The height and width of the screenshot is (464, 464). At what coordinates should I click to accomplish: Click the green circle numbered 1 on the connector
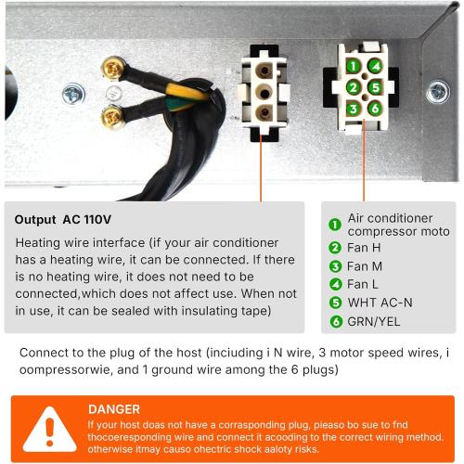point(354,66)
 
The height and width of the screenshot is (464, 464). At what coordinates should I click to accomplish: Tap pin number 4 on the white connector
point(375,66)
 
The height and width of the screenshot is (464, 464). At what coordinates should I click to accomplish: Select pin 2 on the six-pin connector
point(354,87)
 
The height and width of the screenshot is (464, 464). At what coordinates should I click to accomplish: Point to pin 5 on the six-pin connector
point(375,87)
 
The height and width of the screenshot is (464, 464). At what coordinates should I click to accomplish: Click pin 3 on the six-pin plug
point(354,109)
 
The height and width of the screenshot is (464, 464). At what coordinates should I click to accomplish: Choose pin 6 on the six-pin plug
point(375,109)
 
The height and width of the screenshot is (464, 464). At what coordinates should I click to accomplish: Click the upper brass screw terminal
point(113,68)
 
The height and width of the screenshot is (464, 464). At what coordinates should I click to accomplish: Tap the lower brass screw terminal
point(112,116)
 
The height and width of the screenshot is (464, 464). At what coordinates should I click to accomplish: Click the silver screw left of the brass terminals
point(73,94)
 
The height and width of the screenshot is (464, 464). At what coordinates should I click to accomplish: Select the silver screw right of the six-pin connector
point(438,92)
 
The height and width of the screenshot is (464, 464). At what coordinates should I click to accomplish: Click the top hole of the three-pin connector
point(264,71)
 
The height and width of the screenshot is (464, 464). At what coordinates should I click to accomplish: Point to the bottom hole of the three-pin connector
point(264,112)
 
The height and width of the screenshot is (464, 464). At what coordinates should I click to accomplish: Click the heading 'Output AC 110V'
point(63,219)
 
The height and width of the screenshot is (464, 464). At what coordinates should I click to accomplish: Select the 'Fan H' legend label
point(364,248)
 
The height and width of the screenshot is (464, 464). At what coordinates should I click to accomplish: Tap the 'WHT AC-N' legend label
point(380,303)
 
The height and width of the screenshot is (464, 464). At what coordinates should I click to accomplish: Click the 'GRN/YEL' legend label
point(373,322)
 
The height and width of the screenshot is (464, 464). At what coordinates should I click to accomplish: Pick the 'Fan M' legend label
point(365,266)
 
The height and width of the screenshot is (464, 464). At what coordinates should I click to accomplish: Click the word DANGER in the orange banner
point(114,409)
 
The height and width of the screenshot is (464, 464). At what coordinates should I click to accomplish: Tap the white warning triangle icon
point(49,430)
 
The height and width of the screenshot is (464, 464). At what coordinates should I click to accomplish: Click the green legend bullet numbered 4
point(335,284)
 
